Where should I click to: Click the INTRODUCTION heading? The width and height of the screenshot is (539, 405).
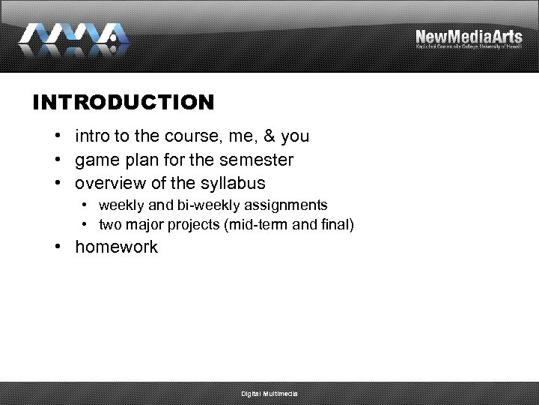click(x=124, y=102)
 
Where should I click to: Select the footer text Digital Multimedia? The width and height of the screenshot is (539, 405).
click(x=269, y=394)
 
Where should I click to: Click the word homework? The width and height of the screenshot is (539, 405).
click(x=116, y=247)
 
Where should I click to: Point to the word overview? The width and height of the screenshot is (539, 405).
click(x=107, y=183)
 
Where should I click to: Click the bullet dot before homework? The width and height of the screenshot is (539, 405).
click(x=57, y=247)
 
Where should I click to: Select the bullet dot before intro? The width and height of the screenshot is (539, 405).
click(x=57, y=136)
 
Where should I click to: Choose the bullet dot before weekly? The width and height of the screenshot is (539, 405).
click(x=87, y=205)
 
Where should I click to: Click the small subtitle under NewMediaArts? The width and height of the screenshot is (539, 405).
click(x=469, y=47)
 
